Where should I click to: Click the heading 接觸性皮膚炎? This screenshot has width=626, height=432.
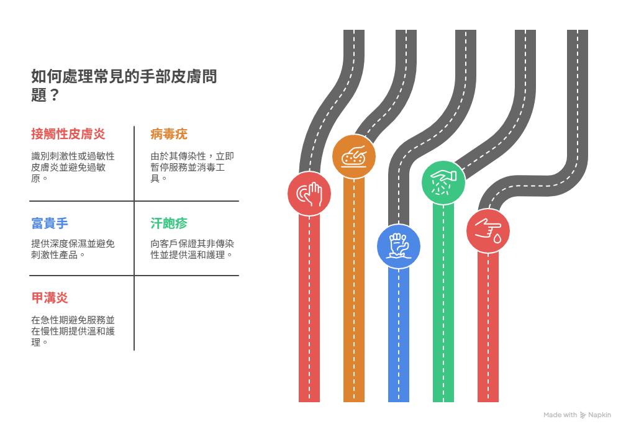[x=68, y=134]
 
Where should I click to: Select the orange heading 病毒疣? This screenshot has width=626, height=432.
[x=168, y=134]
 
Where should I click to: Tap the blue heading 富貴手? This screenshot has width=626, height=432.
[x=49, y=223]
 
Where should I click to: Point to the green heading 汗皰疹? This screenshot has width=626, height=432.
[x=168, y=223]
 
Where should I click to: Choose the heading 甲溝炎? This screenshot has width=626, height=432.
[x=49, y=298]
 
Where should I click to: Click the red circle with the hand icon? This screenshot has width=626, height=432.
[x=309, y=194]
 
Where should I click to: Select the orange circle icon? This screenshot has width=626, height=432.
[x=354, y=156]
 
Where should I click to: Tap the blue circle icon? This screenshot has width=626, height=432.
[x=399, y=246]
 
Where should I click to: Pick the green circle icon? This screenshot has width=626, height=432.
[x=443, y=182]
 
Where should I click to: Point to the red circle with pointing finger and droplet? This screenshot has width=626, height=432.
[x=488, y=231]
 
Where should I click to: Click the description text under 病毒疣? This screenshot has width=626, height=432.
[x=193, y=167]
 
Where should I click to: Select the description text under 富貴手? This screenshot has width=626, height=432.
[x=73, y=249]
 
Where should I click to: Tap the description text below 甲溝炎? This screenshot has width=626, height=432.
[x=73, y=331]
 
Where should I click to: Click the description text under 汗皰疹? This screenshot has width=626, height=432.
[x=193, y=249]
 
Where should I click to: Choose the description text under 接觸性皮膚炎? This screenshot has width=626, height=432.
[x=73, y=167]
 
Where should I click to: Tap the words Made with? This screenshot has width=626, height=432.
[x=560, y=415]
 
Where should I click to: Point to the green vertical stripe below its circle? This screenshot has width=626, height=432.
[x=443, y=304]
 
